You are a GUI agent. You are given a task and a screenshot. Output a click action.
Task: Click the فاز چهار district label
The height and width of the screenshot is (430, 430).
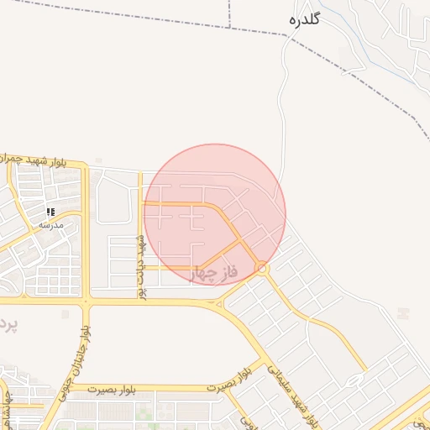click(x=216, y=274)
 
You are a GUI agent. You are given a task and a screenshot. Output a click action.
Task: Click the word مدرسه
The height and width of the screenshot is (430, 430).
click(x=50, y=225)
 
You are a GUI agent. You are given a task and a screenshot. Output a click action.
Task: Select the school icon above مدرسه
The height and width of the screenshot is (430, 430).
click(x=50, y=212)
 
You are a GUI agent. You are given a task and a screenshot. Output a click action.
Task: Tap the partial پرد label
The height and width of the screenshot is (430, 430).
click(x=7, y=322)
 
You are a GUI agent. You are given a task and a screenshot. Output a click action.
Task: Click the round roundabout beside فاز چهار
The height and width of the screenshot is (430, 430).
click(x=262, y=269)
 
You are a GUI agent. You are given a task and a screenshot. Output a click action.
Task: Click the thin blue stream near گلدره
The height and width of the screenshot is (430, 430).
click(x=344, y=34)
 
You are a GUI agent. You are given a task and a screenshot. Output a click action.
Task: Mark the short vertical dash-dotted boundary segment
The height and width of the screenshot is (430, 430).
click(x=230, y=13)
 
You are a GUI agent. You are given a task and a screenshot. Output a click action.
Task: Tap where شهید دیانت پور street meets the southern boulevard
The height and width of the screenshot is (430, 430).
click(x=141, y=300)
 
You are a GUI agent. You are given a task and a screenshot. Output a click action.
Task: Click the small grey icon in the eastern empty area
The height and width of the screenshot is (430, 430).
click(x=405, y=312)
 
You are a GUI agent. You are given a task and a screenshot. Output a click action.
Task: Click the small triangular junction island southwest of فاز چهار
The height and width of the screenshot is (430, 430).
click(x=218, y=302)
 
